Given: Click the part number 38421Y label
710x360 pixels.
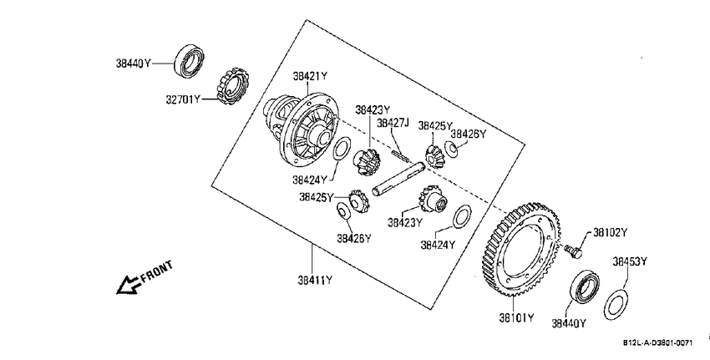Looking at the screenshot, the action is tap(309, 76).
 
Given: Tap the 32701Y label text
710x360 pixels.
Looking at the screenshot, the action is tap(182, 99).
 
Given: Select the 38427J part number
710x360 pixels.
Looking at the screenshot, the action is tap(393, 123).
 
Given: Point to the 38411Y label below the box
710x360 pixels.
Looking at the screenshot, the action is tap(315, 281).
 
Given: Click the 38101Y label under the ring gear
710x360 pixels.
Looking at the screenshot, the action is tap(516, 317).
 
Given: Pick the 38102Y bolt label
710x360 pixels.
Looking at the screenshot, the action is tap(611, 233).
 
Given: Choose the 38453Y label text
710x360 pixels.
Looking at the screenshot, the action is tap(630, 261).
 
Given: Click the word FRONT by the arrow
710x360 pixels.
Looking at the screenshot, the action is tap(157, 271).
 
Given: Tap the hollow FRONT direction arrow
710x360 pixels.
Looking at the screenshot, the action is tap(128, 286).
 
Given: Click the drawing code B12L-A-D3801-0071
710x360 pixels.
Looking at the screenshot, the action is tap(657, 343).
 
